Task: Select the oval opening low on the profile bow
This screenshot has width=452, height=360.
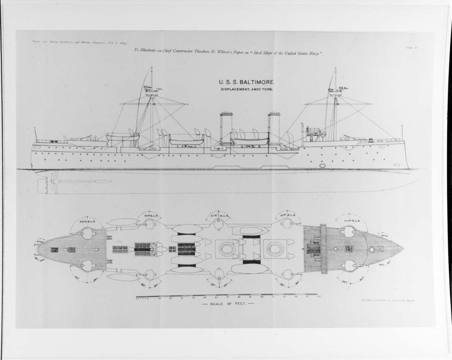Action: pyautogui.click(x=322, y=165)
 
